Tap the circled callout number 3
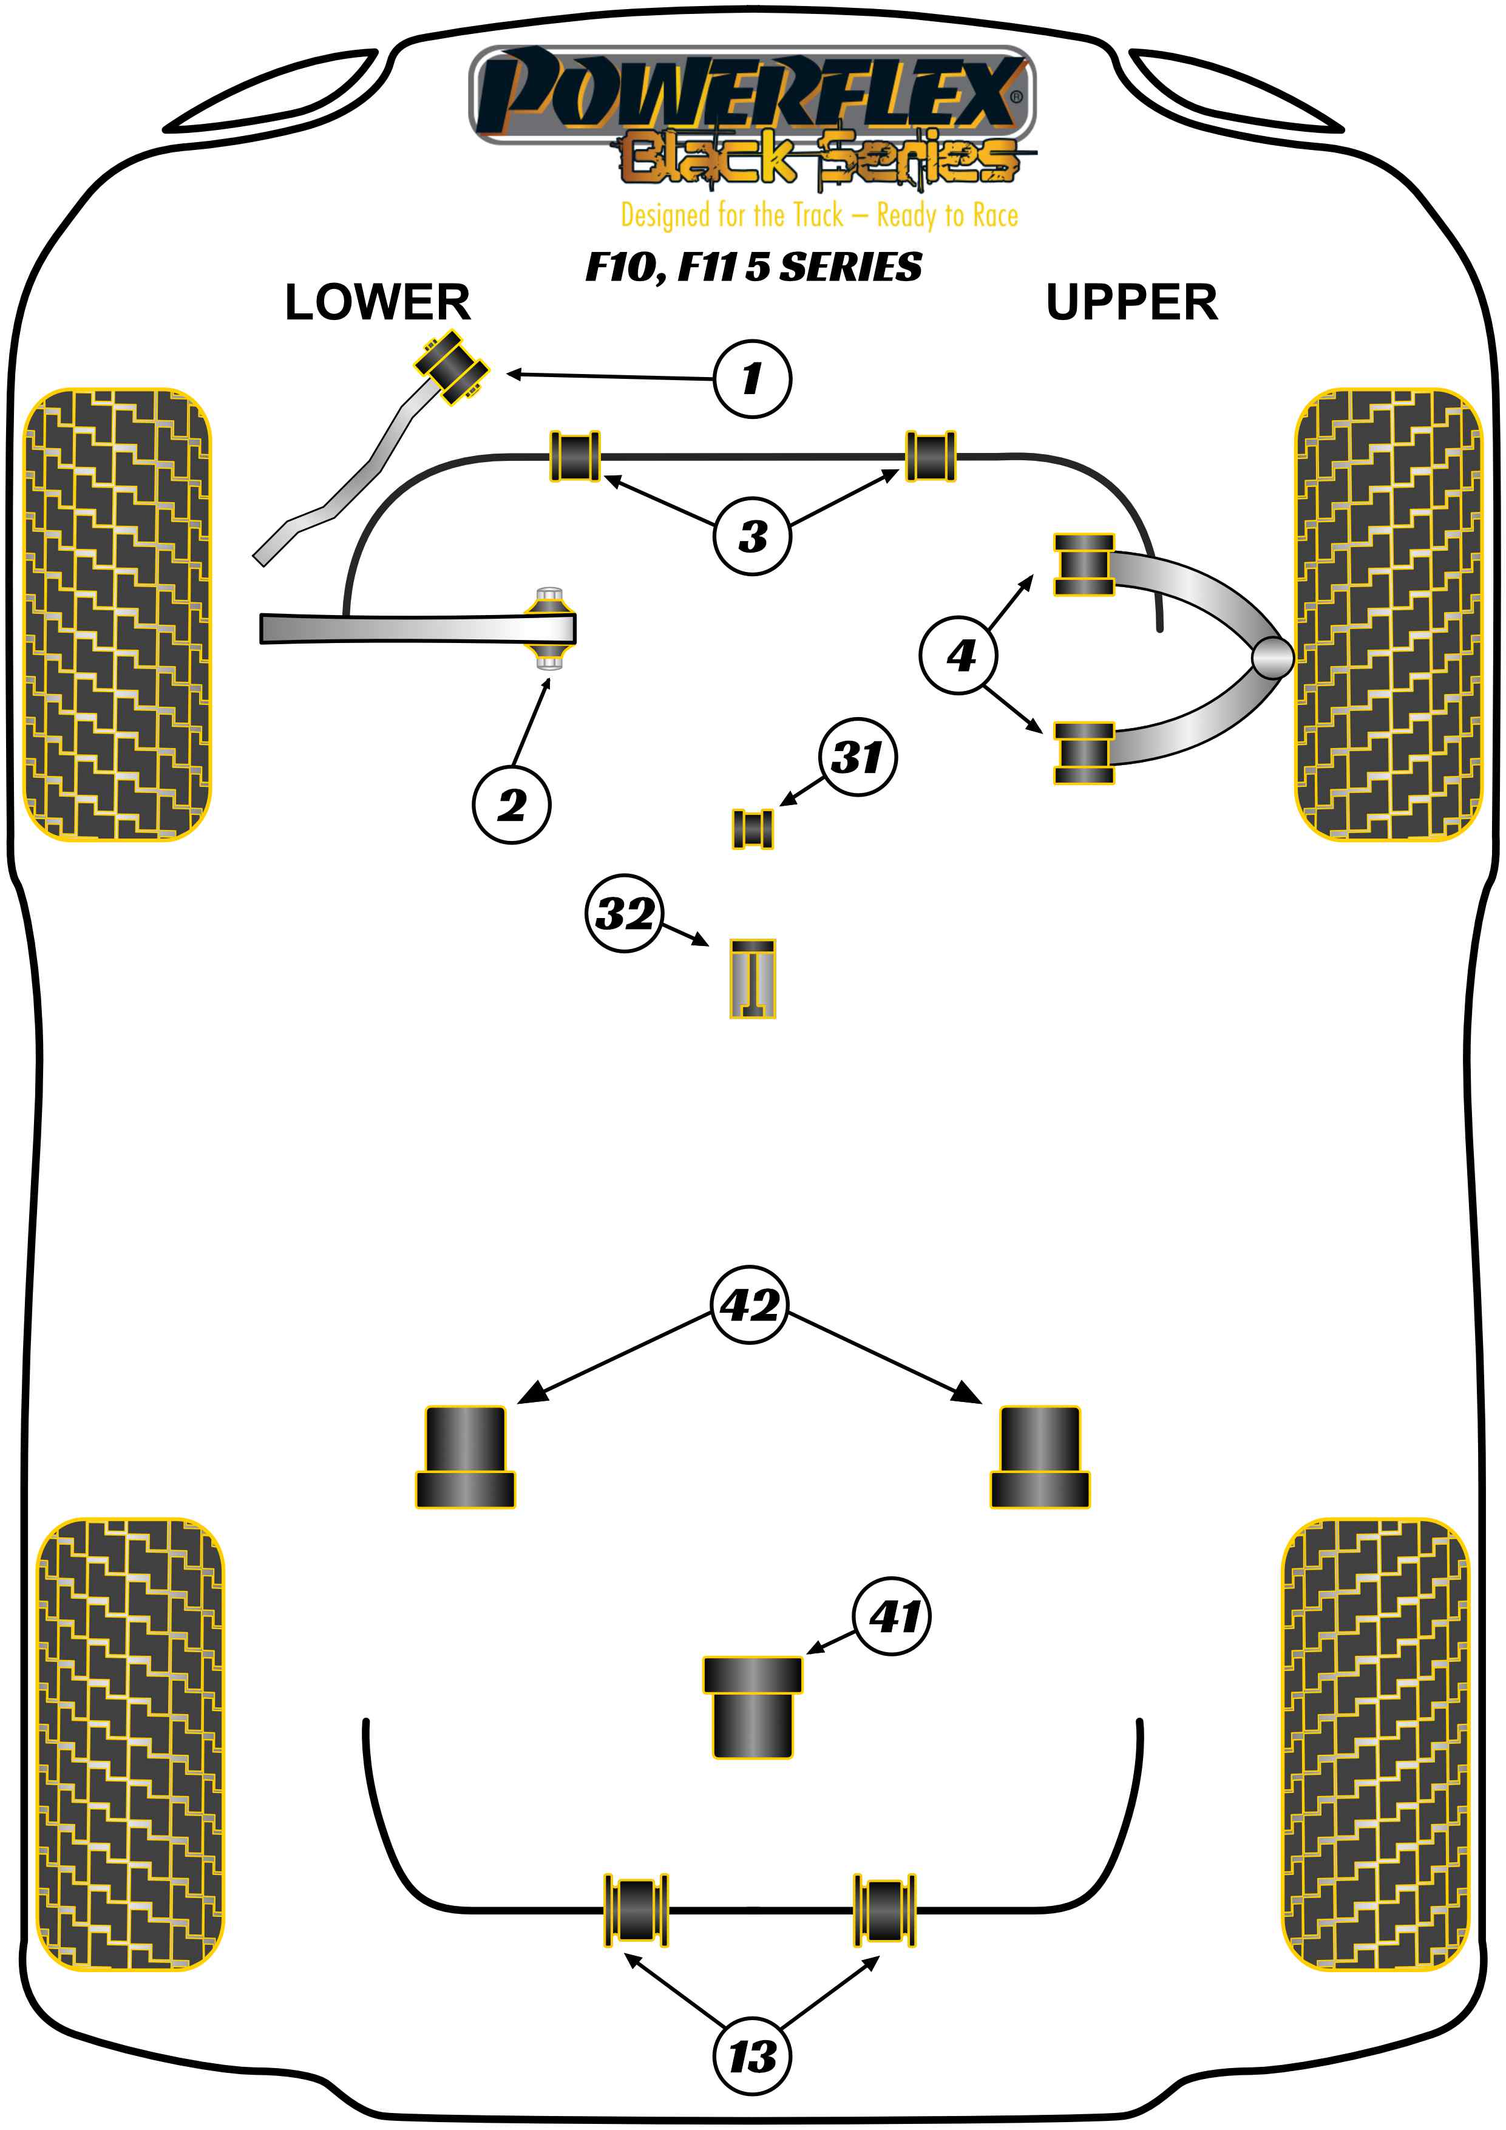point(752,536)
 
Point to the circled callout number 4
point(960,656)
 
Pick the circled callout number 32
point(624,913)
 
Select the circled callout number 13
point(752,2057)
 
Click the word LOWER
point(378,302)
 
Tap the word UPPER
point(1131,302)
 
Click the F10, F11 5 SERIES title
point(753,267)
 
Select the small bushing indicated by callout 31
point(752,828)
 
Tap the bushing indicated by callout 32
point(752,979)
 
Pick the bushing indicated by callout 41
point(752,1707)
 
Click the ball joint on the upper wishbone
point(1271,657)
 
